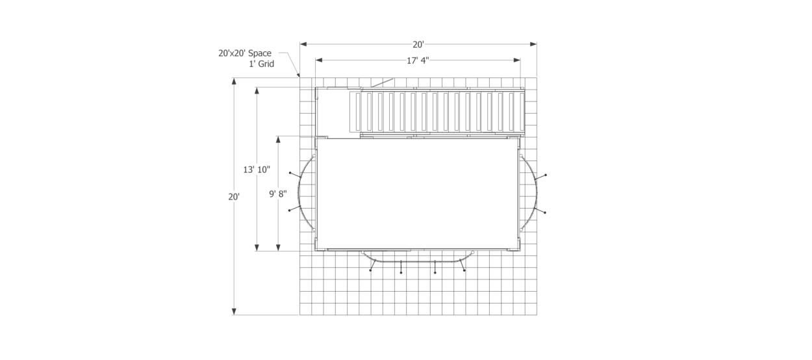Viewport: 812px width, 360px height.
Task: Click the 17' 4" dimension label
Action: (418, 60)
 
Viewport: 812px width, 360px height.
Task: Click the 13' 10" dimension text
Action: (257, 170)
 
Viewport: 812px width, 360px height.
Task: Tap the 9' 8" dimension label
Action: (277, 194)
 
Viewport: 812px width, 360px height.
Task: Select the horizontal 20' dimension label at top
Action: (418, 44)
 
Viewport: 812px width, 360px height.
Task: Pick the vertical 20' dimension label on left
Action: (234, 197)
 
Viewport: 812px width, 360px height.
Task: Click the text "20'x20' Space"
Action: (245, 53)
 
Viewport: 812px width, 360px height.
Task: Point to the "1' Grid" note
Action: (261, 64)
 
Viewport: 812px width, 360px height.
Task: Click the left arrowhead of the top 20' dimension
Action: (303, 44)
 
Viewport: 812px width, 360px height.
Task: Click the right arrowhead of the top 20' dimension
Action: (533, 44)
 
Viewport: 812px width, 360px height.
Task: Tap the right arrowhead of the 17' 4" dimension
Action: (517, 60)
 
